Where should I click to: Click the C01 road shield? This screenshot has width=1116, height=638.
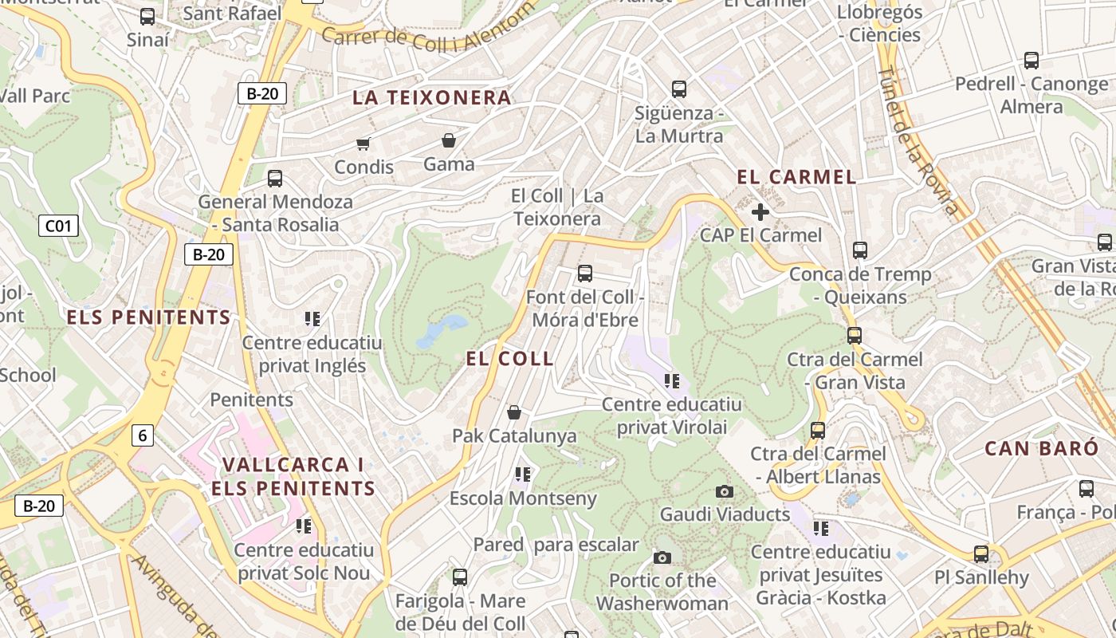point(58,226)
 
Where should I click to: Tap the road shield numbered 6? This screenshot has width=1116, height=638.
point(143,435)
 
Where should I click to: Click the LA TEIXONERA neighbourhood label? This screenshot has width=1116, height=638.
point(431,98)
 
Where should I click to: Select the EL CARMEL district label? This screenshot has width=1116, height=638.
point(796,177)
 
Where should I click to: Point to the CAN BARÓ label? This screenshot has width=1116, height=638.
point(1041,448)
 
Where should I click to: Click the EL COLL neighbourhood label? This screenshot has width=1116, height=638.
point(509,359)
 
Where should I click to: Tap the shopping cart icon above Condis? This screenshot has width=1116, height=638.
point(363,144)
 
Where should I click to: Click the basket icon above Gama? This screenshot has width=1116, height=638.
point(449,141)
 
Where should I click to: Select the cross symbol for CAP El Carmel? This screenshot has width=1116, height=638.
point(760,212)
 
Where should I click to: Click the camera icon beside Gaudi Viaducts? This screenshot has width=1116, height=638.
point(725,491)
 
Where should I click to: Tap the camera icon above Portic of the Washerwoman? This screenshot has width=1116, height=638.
point(662,557)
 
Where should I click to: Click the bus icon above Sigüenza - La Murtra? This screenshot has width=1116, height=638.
point(679,89)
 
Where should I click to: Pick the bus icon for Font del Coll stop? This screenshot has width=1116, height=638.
point(585,274)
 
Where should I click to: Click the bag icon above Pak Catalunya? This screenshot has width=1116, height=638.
point(514,412)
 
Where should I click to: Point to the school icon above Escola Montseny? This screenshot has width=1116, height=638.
point(523,475)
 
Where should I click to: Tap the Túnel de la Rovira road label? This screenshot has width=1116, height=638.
point(917,142)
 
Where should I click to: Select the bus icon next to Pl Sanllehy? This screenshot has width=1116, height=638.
point(981,553)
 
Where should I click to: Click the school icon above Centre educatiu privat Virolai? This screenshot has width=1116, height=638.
point(672,380)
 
